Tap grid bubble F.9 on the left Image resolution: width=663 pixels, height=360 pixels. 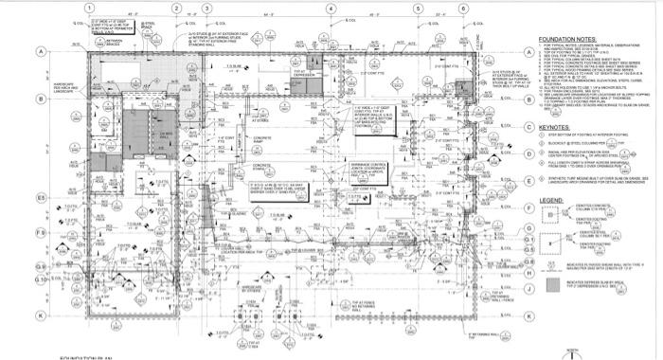[41, 232]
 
